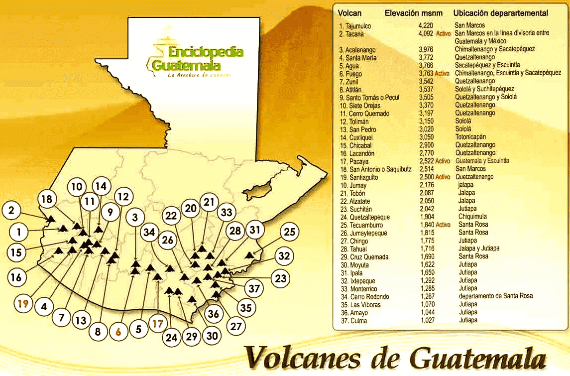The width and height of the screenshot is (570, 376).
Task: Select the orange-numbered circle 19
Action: pyautogui.click(x=21, y=303)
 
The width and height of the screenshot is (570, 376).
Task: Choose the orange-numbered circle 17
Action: pyautogui.click(x=158, y=324)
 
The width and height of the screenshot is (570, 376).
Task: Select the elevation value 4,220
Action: pyautogui.click(x=426, y=26)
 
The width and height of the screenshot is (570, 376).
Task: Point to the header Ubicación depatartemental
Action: pyautogui.click(x=501, y=13)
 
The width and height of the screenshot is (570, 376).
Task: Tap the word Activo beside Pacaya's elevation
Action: pyautogui.click(x=442, y=161)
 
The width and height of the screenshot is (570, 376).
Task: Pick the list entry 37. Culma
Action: pyautogui.click(x=352, y=321)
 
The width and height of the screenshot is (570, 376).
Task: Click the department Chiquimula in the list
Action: pyautogui.click(x=472, y=217)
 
